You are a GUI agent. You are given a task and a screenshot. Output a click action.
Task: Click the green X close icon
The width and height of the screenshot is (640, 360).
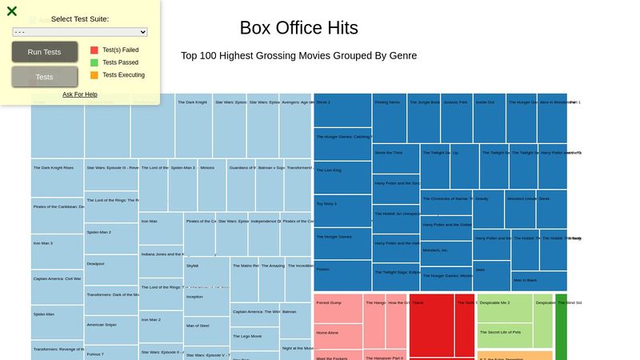tap(12, 11)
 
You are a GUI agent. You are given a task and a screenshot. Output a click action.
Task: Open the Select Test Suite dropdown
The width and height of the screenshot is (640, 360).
tap(80, 32)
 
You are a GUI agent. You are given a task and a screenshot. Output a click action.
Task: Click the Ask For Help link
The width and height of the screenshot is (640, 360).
tap(80, 94)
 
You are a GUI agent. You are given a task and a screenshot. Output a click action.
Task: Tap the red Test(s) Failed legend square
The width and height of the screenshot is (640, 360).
tap(94, 50)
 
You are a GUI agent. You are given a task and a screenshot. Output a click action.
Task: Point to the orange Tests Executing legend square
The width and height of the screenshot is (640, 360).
tap(94, 75)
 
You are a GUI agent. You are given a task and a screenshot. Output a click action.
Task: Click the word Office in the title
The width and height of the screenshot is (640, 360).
tap(299, 28)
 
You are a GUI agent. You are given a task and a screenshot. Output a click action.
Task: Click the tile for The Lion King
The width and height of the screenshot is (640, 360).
tap(342, 177)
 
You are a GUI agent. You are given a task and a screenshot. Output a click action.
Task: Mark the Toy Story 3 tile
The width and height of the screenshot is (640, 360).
tap(342, 210)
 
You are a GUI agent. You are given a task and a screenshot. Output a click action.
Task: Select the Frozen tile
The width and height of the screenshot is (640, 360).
tap(342, 275)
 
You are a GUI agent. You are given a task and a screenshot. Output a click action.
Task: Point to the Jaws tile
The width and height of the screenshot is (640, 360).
tap(491, 275)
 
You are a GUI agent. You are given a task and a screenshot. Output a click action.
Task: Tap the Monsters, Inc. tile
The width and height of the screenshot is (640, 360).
tap(446, 254)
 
